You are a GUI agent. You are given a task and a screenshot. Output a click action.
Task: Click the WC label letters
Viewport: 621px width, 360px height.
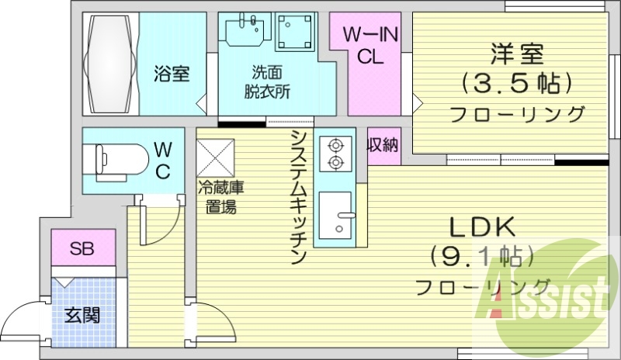[163, 159]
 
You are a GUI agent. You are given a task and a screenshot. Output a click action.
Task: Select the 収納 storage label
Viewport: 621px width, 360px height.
[383, 145]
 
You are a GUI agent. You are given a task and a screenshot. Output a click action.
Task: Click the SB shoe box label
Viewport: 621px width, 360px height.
[82, 249]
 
